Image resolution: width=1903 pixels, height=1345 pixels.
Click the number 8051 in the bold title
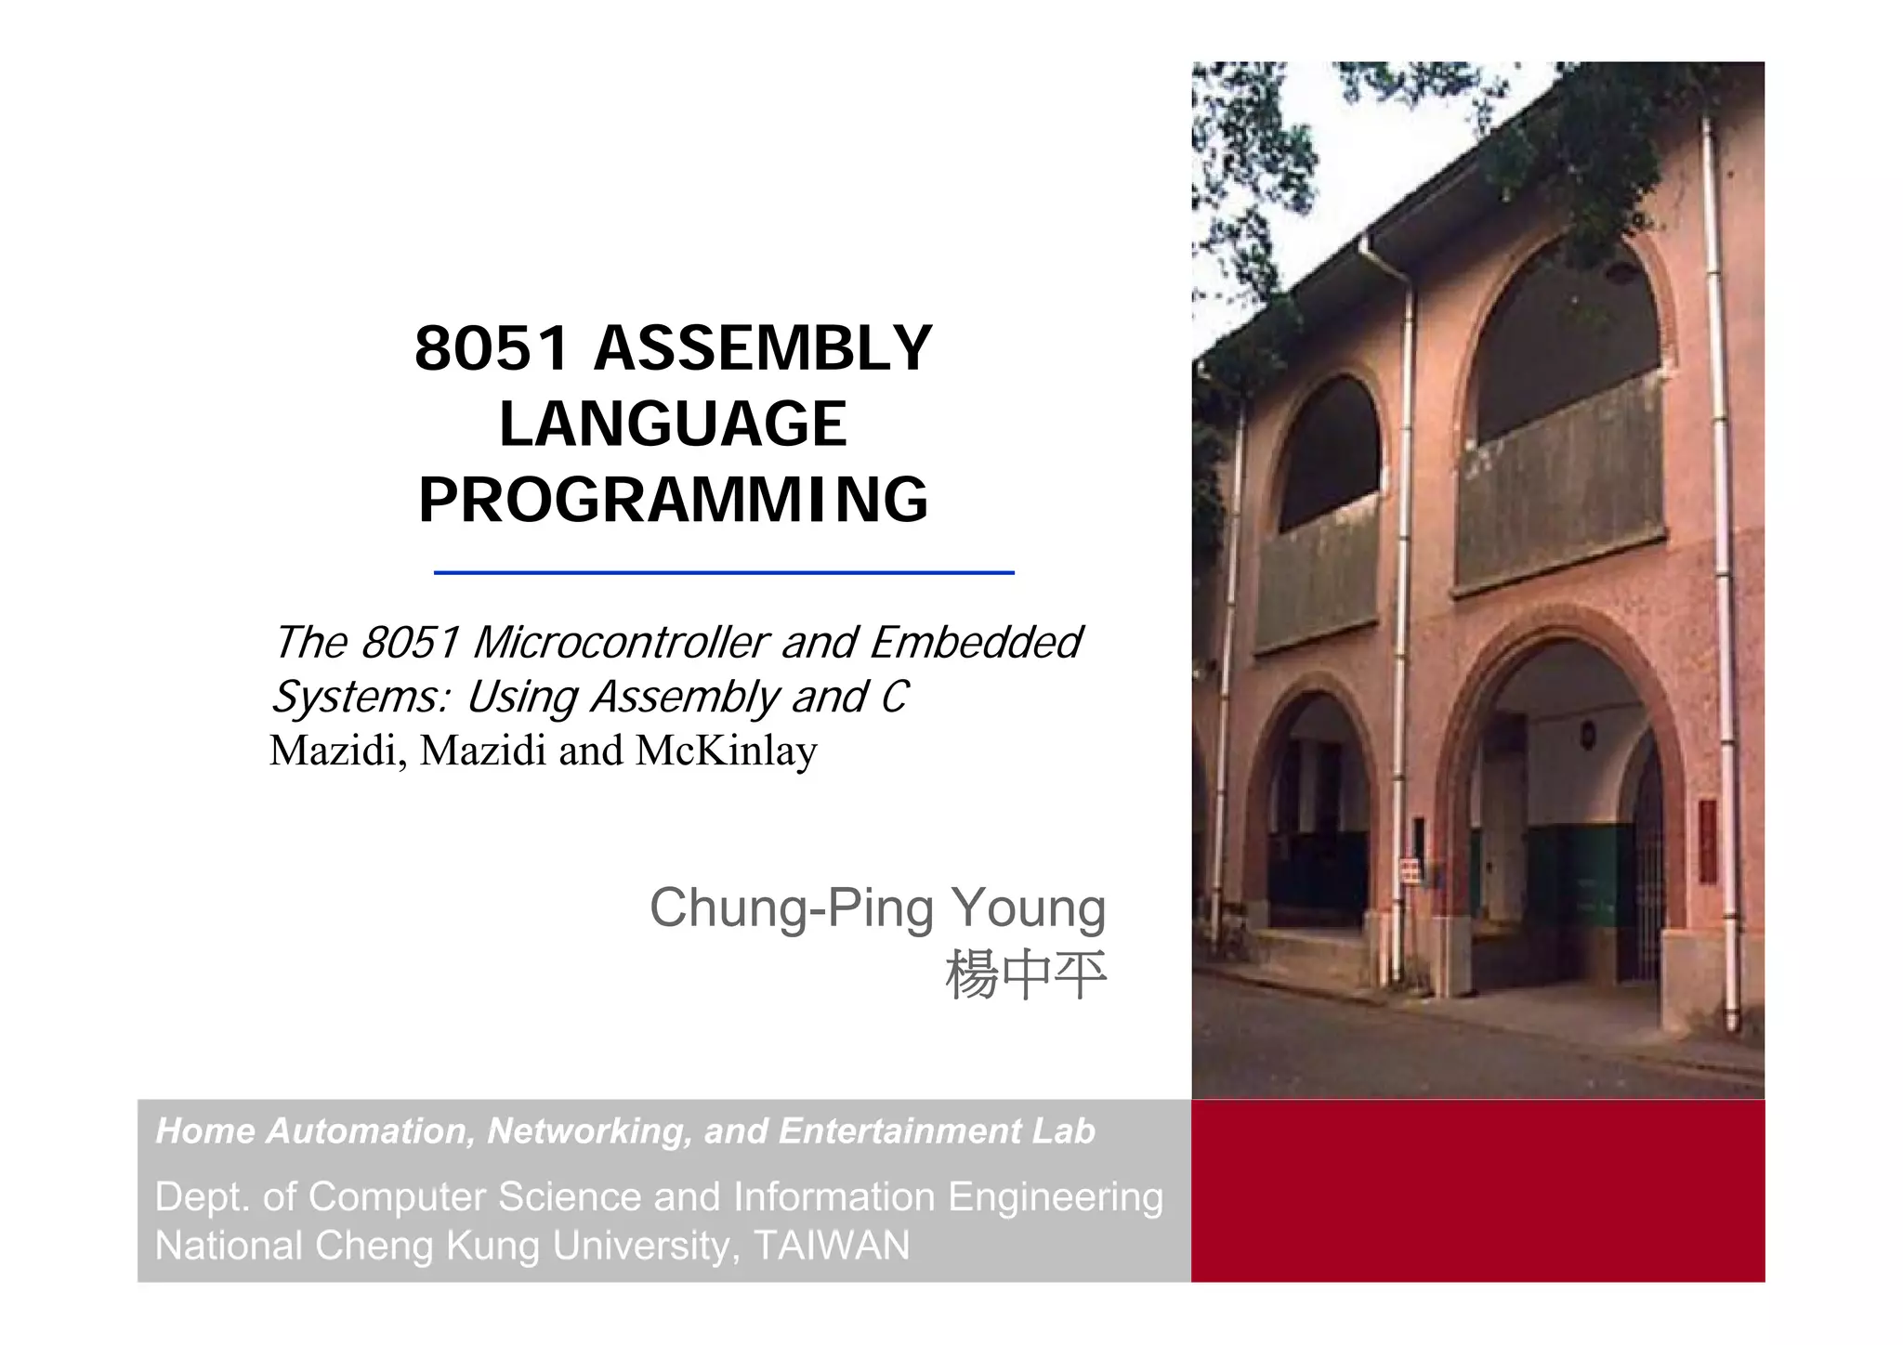pos(491,349)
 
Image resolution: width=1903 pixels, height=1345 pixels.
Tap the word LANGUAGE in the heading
pos(673,424)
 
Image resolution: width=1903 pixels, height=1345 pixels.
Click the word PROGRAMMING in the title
pos(673,501)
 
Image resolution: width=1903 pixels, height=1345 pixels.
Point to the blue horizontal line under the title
pos(723,573)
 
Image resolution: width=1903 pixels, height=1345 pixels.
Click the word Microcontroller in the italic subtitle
pos(621,643)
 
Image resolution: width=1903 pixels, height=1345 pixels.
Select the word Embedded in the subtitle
pos(976,643)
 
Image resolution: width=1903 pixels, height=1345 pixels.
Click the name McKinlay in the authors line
pos(726,751)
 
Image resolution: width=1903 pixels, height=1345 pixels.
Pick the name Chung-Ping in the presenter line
pos(791,908)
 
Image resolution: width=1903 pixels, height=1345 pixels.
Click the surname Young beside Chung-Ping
pos(1028,908)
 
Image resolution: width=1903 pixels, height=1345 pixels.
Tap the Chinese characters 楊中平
pos(1025,975)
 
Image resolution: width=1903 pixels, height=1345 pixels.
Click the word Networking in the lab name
pos(589,1131)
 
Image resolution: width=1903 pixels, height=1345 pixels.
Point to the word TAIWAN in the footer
pos(832,1246)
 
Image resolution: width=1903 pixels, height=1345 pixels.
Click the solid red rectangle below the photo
pos(1477,1191)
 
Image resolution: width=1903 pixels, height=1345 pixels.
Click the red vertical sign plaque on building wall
pos(1708,842)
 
